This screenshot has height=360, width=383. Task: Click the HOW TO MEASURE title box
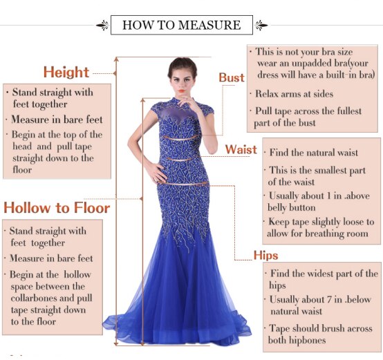click(181, 26)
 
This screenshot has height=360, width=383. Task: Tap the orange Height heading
click(66, 72)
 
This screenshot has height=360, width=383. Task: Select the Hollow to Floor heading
click(57, 207)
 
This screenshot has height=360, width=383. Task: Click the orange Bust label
click(232, 77)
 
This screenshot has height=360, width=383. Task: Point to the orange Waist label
click(241, 149)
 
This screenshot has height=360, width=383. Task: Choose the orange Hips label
click(265, 255)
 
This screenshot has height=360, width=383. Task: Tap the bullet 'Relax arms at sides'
click(294, 94)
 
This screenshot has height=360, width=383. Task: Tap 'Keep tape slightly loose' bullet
click(321, 227)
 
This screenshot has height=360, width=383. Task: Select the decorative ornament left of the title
click(102, 26)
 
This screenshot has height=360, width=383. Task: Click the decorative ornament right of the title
click(261, 26)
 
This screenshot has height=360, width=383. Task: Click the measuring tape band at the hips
click(183, 184)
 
